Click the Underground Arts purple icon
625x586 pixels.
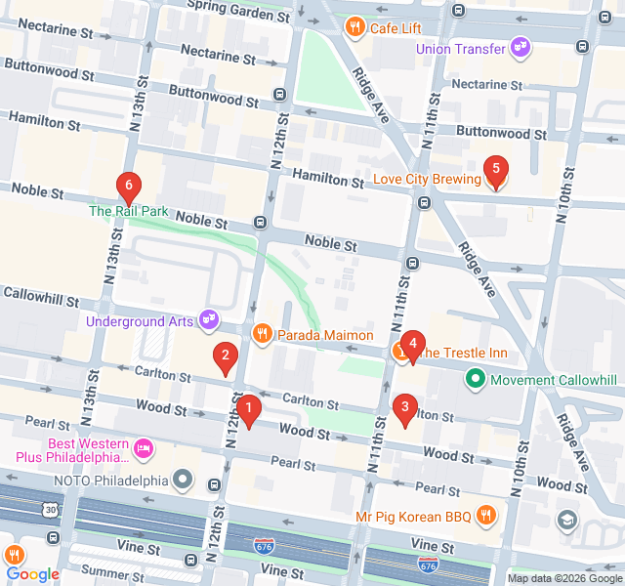click(207, 318)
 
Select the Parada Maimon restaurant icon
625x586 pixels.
click(262, 335)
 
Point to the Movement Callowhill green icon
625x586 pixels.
click(476, 378)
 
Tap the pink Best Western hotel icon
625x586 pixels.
click(144, 449)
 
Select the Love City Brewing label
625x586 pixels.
click(428, 180)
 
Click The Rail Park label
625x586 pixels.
click(129, 211)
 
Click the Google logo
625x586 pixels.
click(33, 573)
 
